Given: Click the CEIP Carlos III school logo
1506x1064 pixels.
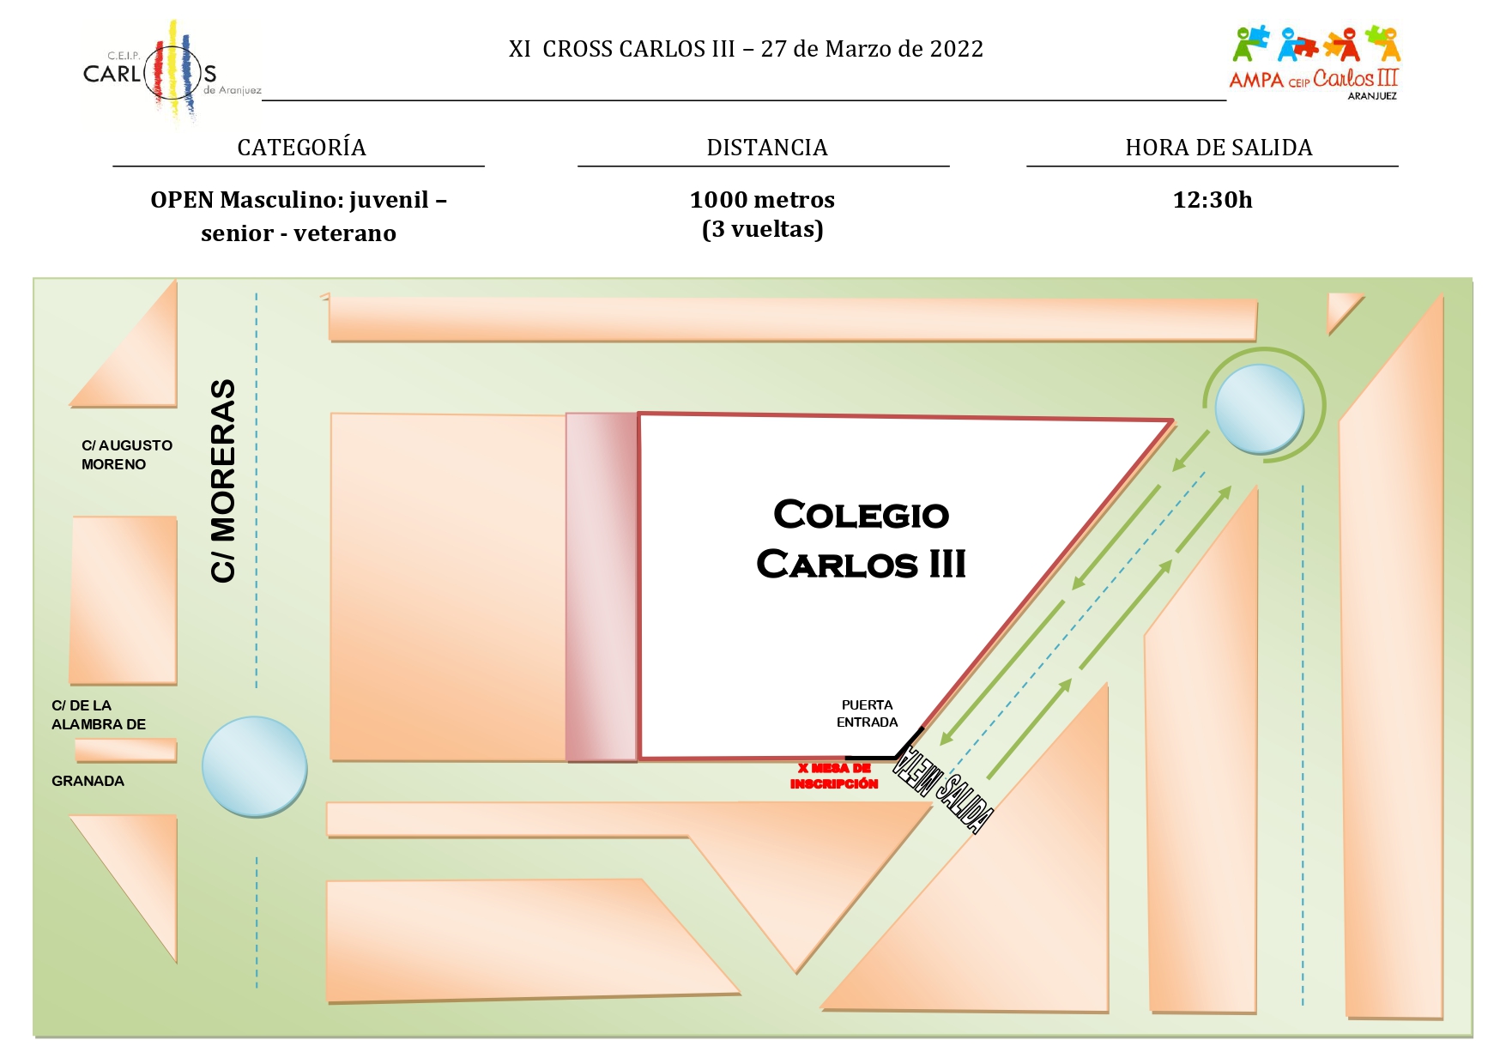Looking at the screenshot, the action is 172,74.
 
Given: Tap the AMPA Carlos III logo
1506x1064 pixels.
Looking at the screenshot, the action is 1315,63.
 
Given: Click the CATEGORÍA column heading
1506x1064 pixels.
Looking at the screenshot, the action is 302,148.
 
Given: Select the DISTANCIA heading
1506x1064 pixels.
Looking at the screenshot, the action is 767,148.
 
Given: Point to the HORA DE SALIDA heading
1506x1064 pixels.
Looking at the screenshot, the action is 1219,148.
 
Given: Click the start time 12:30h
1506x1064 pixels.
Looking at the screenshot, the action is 1213,200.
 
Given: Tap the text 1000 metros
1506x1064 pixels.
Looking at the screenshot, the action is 762,200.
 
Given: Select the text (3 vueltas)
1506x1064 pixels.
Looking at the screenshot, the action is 763,230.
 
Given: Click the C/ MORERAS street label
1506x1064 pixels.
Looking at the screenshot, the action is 223,481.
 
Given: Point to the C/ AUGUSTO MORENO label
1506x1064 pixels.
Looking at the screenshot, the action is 127,455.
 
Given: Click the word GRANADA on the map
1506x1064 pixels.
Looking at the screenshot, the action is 88,781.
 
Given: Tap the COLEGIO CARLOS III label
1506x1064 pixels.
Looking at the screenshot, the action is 862,540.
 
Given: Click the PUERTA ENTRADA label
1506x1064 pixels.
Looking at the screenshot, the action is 868,714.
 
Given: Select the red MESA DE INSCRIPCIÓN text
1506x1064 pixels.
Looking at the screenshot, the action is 834,776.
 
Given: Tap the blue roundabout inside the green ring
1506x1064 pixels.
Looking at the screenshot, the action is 1260,408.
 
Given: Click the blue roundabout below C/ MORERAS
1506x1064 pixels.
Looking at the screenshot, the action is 255,766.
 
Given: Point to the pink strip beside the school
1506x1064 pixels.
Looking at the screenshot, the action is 602,587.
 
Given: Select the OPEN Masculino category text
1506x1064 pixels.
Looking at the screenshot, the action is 299,216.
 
